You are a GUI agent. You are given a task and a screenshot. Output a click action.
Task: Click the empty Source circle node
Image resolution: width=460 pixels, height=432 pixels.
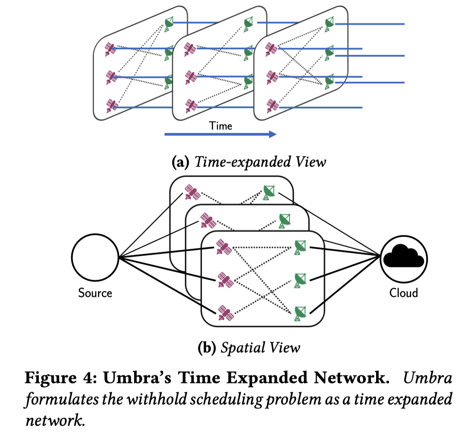point(95,258)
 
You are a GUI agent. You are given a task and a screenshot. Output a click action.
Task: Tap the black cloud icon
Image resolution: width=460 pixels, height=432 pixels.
point(403,258)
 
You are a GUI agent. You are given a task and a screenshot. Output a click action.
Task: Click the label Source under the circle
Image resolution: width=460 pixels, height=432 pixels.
point(95,293)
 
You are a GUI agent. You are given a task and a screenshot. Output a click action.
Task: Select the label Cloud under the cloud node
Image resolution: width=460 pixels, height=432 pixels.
point(404,293)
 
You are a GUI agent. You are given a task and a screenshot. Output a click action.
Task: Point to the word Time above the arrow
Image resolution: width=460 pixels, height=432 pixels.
point(221,126)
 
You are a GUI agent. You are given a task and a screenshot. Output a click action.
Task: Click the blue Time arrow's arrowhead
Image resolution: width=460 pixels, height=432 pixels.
point(272,135)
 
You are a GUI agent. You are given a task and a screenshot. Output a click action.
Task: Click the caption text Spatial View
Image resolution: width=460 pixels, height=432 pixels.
point(260,348)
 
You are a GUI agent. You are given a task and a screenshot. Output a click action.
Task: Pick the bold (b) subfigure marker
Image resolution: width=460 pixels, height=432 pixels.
point(207,348)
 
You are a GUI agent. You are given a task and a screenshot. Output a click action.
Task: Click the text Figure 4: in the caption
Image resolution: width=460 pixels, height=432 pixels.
point(60,378)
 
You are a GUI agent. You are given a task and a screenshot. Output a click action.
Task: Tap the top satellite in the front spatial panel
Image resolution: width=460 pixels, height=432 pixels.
point(224,248)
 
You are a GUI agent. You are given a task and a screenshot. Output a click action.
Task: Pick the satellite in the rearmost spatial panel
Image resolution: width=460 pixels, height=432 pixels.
point(192,192)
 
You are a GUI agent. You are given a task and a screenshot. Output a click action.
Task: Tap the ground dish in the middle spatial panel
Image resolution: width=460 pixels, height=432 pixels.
point(285,220)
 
